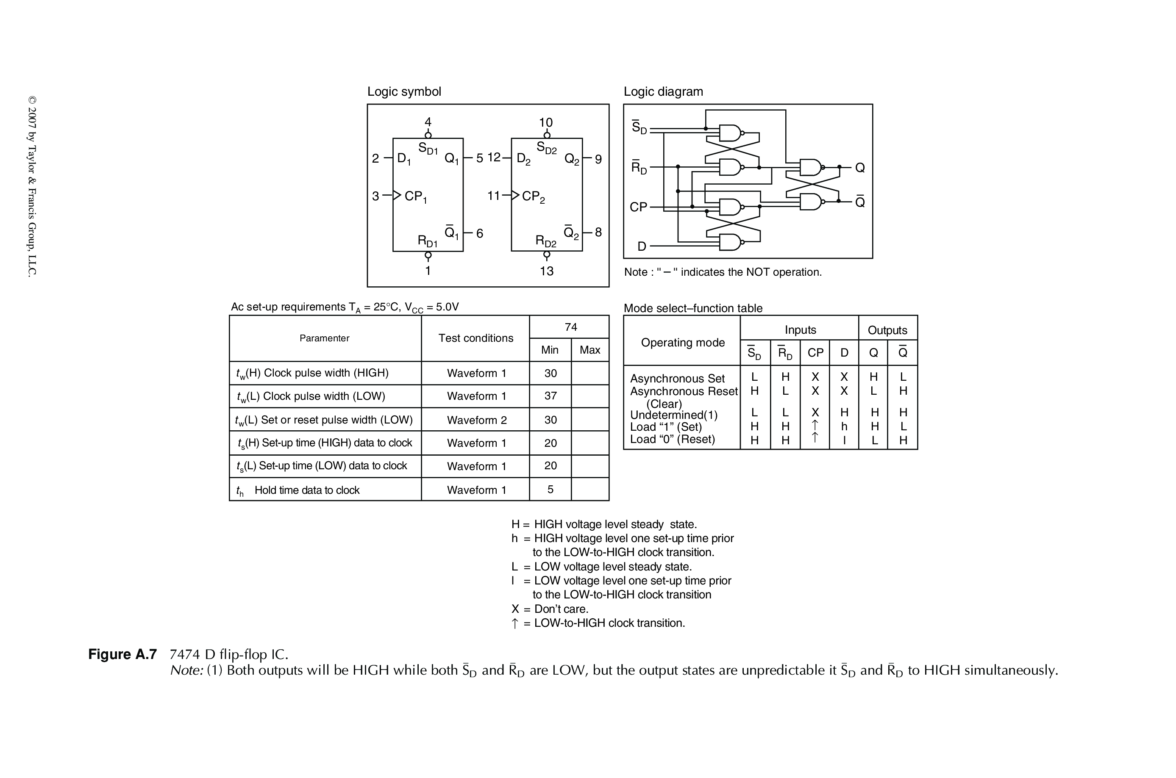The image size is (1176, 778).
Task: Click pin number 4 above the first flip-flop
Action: (x=428, y=122)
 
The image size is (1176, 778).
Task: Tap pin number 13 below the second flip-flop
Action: (x=547, y=271)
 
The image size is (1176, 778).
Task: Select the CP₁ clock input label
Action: (x=415, y=197)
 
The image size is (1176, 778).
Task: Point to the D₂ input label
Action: (x=524, y=159)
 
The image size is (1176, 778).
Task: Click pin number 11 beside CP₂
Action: (x=493, y=196)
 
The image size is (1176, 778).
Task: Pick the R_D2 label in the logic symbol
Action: (x=545, y=241)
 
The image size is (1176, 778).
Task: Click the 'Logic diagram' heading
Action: (x=663, y=92)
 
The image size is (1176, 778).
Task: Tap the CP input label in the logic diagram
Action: (x=638, y=207)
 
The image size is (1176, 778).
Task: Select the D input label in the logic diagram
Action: (x=642, y=246)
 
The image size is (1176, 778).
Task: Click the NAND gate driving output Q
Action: (x=810, y=168)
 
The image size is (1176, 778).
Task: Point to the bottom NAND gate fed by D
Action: (x=730, y=242)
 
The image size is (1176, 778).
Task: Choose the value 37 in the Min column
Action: (x=550, y=396)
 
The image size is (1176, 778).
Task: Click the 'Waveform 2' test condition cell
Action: (x=477, y=420)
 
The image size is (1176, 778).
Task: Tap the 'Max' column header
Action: (x=590, y=350)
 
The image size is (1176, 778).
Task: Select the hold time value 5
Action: (x=550, y=489)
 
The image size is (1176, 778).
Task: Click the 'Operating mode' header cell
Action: (x=683, y=342)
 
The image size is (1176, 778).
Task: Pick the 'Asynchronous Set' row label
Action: (x=677, y=379)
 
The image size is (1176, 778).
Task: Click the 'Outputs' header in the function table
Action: (x=887, y=330)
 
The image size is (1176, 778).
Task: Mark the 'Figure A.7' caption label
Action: (x=122, y=654)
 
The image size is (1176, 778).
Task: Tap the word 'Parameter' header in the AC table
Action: (x=324, y=338)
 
